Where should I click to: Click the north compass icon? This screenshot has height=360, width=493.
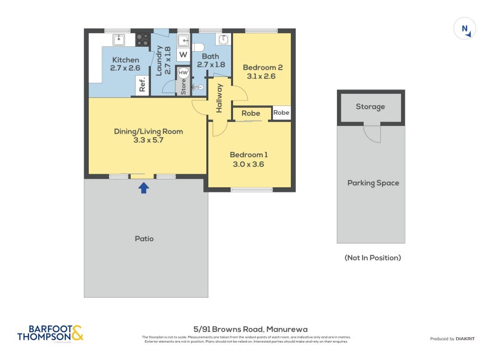pos(464,29)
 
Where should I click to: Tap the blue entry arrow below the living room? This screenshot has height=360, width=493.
pos(144,187)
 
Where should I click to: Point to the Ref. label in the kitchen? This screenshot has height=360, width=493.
pos(142,86)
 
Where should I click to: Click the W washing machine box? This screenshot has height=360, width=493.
pos(183,54)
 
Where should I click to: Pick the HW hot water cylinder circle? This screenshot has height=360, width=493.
pos(183,73)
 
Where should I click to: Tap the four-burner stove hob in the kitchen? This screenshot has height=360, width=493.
pos(142,39)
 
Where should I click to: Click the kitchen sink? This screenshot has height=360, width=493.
pos(119,39)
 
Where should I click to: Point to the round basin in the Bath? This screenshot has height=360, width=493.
pos(223,39)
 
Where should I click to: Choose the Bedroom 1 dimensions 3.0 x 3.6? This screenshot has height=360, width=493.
pos(250,165)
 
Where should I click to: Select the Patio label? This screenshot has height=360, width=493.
pos(144,239)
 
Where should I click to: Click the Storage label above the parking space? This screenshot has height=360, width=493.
pos(370,107)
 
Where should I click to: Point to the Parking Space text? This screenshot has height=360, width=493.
pos(373,183)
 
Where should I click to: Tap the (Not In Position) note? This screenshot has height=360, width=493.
pos(372,258)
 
